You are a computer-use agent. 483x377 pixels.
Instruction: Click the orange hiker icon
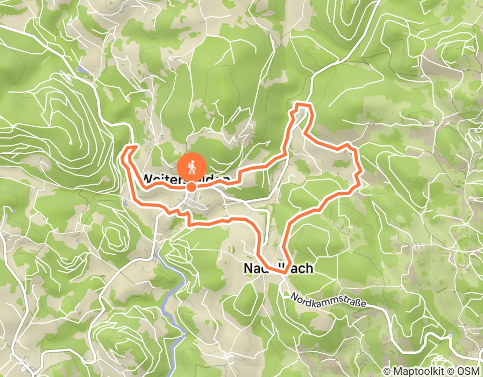pos(191,167)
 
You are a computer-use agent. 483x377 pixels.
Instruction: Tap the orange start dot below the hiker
pos(191,187)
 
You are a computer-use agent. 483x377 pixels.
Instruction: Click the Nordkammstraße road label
pos(328,301)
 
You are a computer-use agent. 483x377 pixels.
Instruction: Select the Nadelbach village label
pos(278,268)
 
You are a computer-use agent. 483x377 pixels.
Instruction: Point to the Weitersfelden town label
pos(187,178)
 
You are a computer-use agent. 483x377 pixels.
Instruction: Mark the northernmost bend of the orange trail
pos(304,103)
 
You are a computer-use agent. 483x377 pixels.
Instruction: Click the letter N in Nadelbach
pos(248,268)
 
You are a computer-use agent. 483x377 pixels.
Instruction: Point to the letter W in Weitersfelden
pos(148,178)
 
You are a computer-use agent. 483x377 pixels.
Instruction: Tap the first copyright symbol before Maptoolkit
pos(387,371)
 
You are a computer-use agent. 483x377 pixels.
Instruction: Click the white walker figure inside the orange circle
pos(191,166)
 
